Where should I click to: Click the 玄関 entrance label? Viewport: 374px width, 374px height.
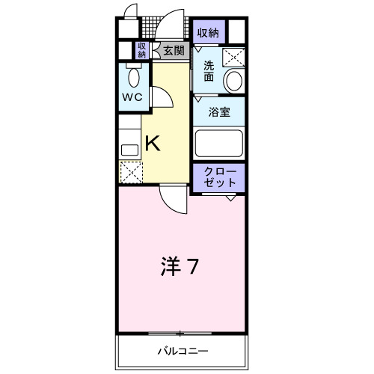(174, 50)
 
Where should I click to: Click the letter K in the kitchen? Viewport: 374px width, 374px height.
(152, 143)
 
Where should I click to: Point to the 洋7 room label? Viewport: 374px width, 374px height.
(180, 267)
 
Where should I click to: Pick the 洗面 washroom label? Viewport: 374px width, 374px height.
(209, 71)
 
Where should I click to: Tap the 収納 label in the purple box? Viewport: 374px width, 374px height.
(208, 32)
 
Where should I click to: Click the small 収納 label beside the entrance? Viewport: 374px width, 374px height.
(141, 50)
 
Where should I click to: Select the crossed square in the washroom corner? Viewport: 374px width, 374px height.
(236, 55)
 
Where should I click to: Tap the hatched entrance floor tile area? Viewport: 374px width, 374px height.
(153, 31)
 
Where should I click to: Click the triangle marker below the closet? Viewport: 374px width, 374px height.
(231, 198)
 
